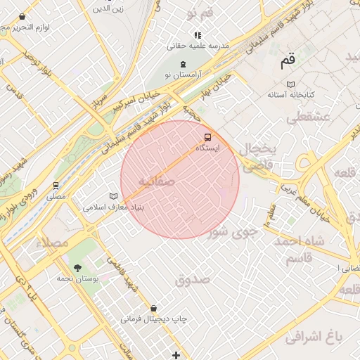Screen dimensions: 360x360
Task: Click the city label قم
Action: point(288,61)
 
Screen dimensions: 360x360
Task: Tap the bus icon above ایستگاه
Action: point(207,136)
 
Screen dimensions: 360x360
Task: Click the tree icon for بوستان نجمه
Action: point(77,268)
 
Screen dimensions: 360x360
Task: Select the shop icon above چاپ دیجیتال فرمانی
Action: point(153,308)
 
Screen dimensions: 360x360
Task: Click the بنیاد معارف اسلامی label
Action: point(113,207)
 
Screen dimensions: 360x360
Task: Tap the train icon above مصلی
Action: point(56,186)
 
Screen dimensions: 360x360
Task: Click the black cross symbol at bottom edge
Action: point(176,355)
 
